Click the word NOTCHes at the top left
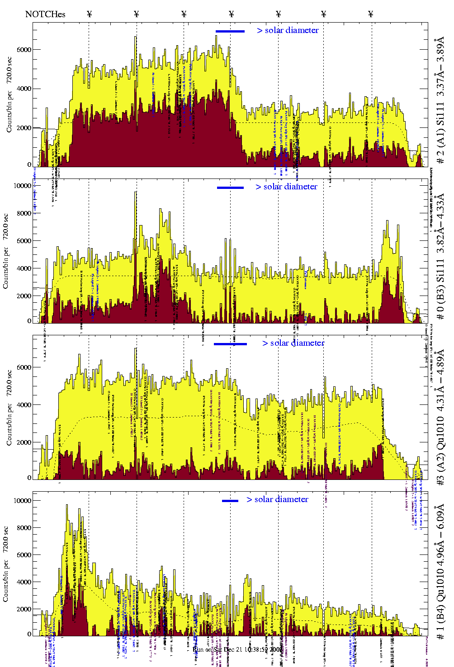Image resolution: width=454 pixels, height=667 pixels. [x=45, y=14]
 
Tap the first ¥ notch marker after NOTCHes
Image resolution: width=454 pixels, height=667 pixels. [x=89, y=14]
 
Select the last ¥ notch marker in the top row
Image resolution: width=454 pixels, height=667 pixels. [x=371, y=14]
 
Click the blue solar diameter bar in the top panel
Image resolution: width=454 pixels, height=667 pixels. [x=230, y=31]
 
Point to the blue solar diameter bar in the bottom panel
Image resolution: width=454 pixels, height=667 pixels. [x=230, y=500]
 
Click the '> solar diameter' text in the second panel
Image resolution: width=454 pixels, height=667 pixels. [x=286, y=187]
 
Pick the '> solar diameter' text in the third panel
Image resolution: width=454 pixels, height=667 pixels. [x=293, y=343]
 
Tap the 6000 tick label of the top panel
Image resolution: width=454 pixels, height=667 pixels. [x=24, y=50]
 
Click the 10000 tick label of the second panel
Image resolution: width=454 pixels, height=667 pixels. [x=22, y=186]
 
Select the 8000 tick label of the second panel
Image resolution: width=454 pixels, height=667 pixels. [x=24, y=213]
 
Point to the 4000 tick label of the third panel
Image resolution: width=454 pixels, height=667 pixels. [x=24, y=405]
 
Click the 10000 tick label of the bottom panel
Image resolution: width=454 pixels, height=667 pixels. [x=22, y=501]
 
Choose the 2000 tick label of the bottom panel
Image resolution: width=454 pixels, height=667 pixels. [x=24, y=609]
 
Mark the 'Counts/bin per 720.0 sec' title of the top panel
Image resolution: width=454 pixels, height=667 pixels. [x=9, y=95]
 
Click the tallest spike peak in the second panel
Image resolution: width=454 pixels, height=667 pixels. [x=136, y=193]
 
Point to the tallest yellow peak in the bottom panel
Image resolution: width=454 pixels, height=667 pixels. [x=67, y=506]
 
